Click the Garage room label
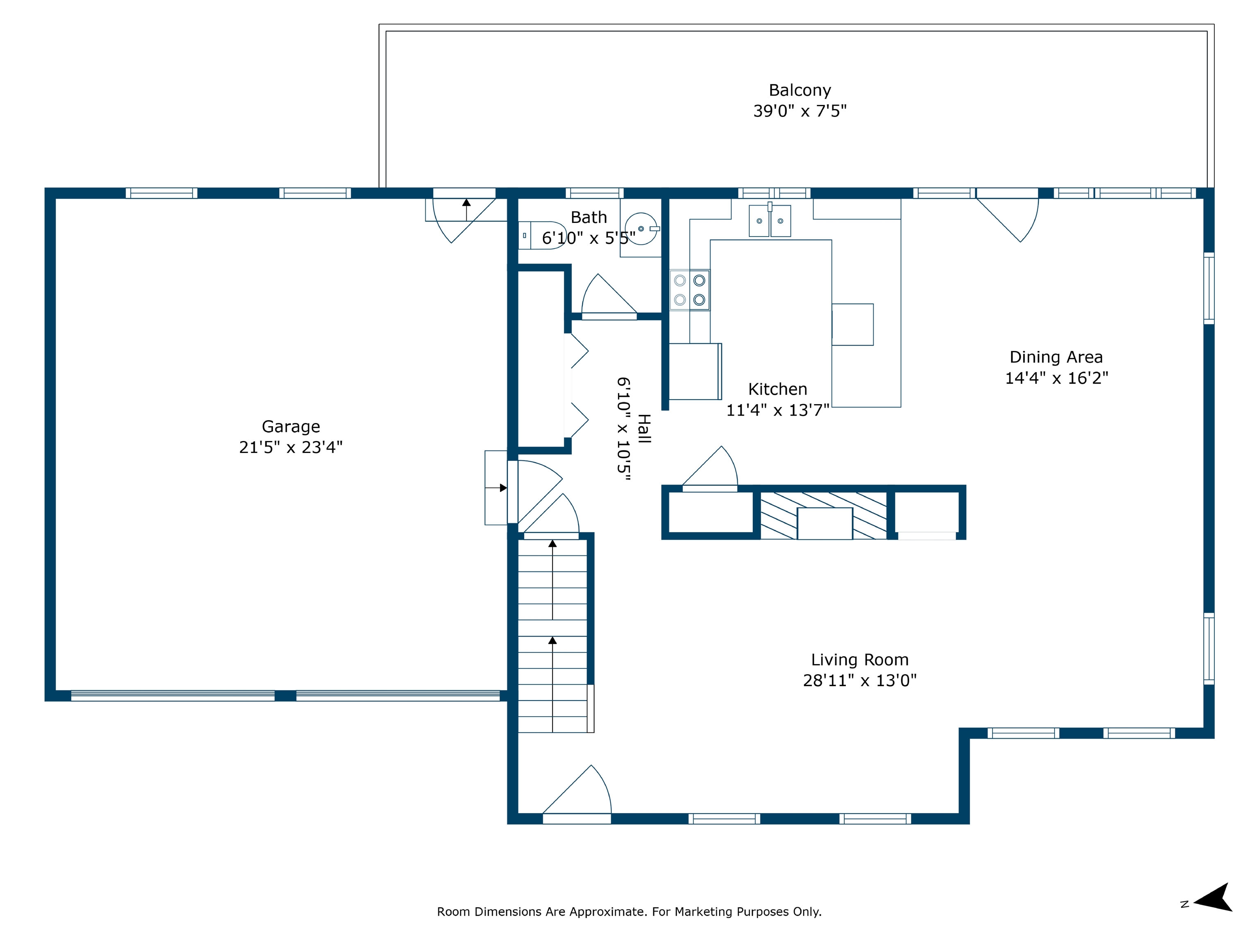(x=291, y=426)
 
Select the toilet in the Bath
(x=542, y=235)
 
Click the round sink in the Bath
(x=641, y=228)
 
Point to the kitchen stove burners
(x=689, y=290)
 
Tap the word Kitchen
(x=777, y=389)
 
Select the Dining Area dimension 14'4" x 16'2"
(x=1057, y=378)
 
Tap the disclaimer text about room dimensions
(x=629, y=912)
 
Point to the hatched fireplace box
(x=824, y=515)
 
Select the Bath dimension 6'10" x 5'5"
(x=589, y=238)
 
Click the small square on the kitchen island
(x=852, y=325)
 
